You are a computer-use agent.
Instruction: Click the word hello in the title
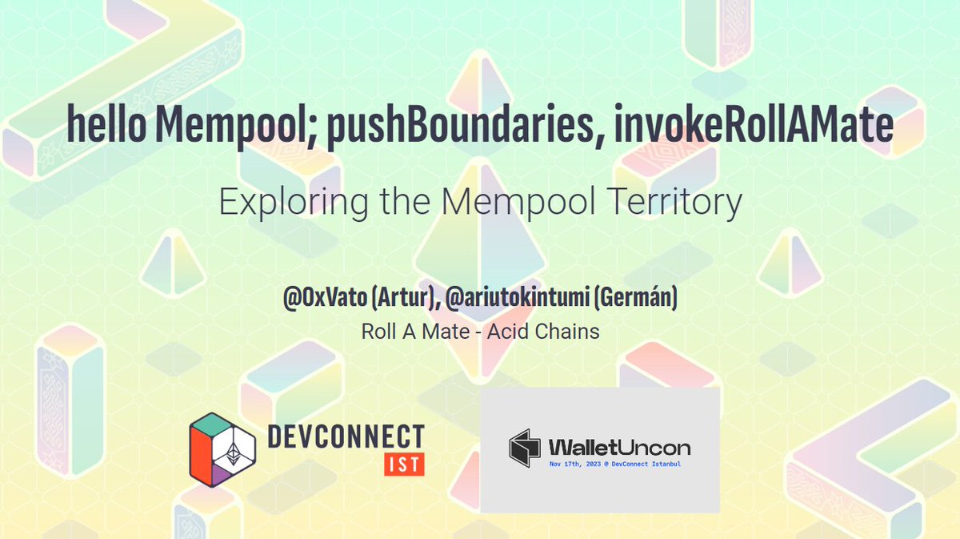click(x=106, y=126)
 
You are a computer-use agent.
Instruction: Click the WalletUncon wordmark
click(x=618, y=447)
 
